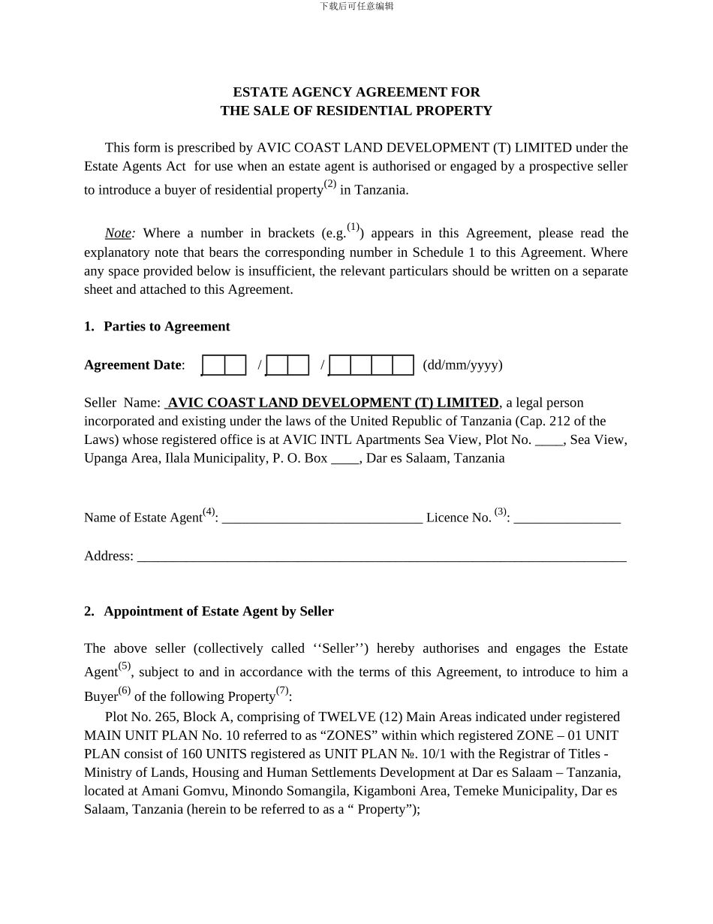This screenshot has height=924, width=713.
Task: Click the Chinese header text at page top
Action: pos(356,6)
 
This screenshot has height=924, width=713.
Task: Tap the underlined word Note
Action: pos(118,234)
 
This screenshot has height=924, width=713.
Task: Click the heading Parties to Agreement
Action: pos(167,327)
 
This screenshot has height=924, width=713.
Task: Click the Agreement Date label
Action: pos(133,365)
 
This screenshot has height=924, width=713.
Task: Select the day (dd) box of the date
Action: pos(224,365)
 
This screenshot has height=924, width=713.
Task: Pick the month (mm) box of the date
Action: pos(287,365)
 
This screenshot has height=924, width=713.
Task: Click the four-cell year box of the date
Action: pos(372,365)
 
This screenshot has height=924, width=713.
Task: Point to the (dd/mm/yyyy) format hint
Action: pos(462,365)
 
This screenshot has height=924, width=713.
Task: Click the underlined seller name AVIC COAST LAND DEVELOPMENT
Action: pos(332,403)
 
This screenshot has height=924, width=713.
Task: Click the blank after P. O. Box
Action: pos(345,458)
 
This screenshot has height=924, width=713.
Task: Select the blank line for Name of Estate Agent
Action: pos(322,518)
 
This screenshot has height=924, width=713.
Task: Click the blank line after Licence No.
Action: pos(567,518)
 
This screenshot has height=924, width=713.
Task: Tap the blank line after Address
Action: pos(381,557)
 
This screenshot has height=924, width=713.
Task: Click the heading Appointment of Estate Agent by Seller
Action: pos(218,611)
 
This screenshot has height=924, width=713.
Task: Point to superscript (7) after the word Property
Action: pos(282,690)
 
